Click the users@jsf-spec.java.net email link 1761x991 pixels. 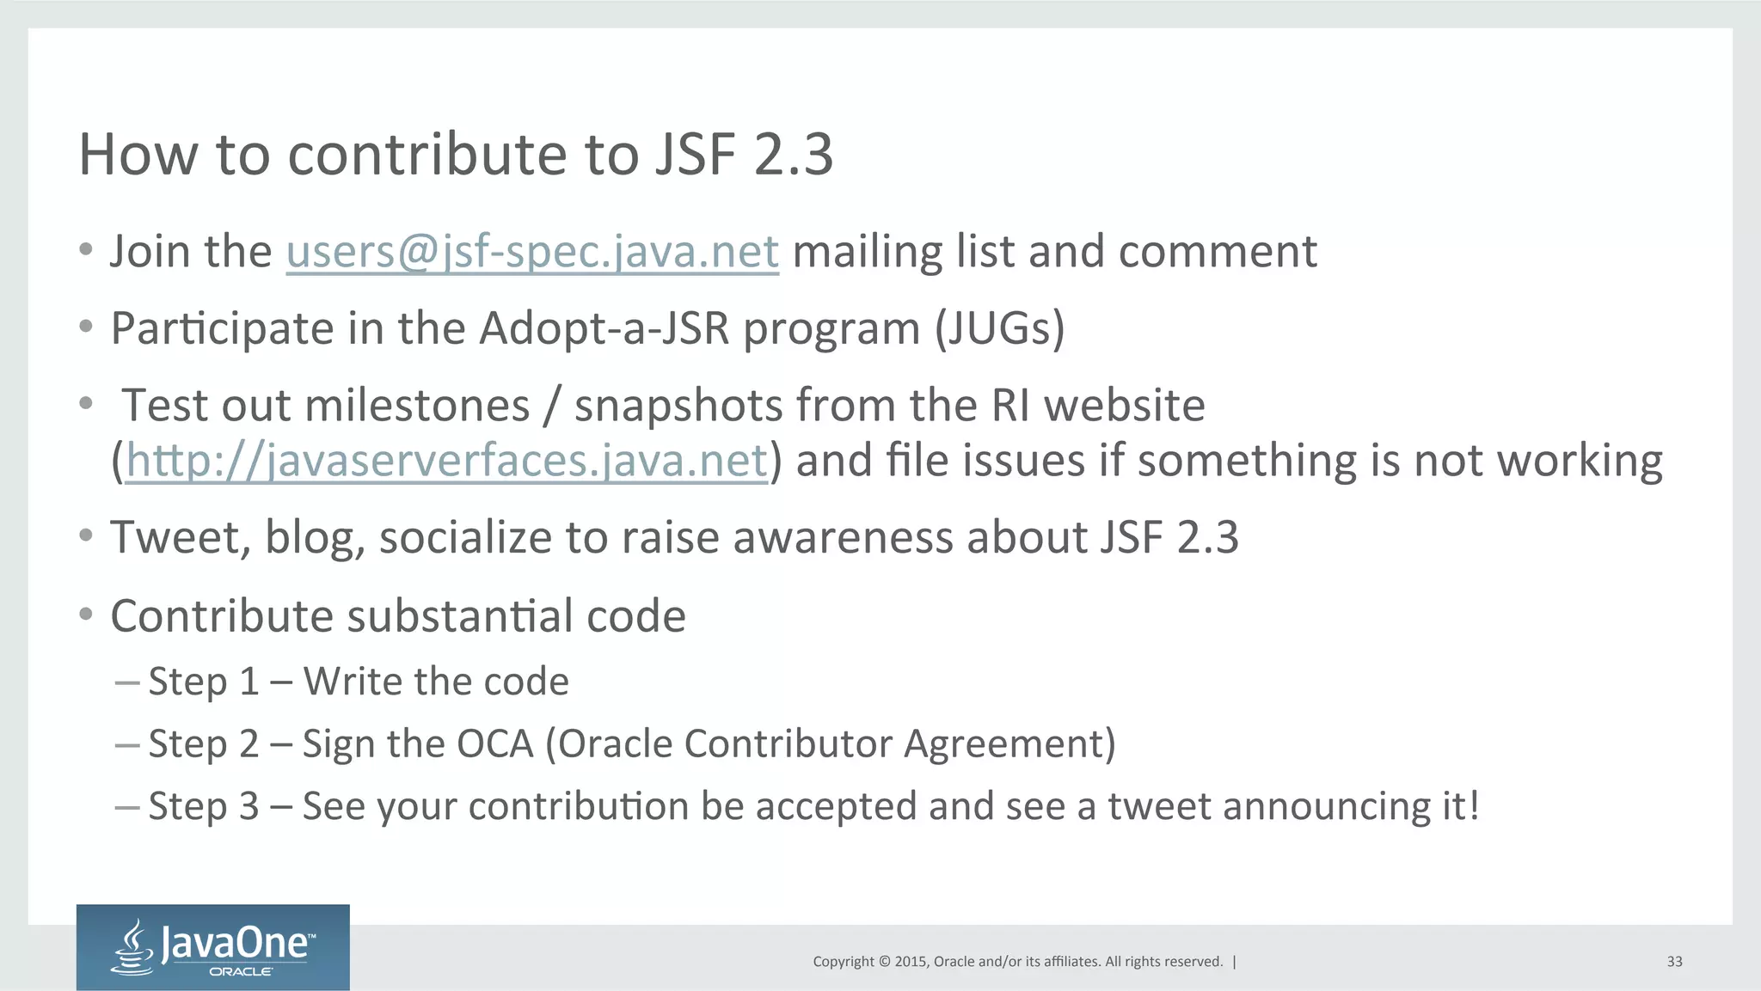(x=532, y=252)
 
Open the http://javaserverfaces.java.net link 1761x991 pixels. (x=446, y=461)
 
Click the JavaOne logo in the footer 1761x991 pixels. (x=212, y=947)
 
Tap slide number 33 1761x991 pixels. (x=1674, y=962)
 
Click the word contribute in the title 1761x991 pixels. (x=427, y=155)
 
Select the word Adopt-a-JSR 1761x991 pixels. (x=604, y=328)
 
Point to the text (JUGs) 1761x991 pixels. (x=1000, y=328)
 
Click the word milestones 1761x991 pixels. (x=418, y=406)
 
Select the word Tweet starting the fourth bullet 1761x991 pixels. (x=180, y=538)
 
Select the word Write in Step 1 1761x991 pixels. (x=352, y=682)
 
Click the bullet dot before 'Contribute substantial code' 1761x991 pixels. (x=85, y=615)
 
